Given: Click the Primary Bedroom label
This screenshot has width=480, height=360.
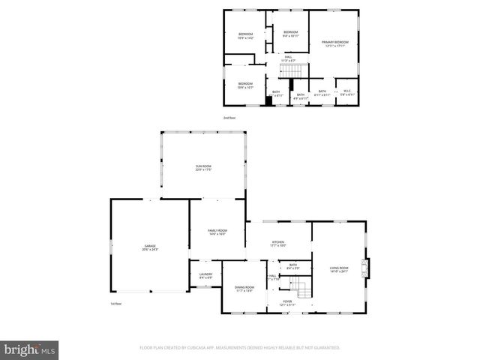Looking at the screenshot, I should [335, 43].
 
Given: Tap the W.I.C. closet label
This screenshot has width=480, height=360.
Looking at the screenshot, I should [346, 92].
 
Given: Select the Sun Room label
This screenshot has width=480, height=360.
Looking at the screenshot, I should [203, 168].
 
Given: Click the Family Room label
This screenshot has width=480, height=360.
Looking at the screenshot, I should [217, 232].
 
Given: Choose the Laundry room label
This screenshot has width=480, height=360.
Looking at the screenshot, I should [205, 275].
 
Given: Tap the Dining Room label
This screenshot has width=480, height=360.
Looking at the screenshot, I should [244, 289].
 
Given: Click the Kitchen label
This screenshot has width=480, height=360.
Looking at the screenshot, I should [277, 244].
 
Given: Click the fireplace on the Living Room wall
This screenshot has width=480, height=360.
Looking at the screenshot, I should [365, 268].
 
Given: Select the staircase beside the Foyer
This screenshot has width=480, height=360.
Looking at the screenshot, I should [301, 286].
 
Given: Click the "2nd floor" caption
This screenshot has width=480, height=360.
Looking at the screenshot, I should [229, 118].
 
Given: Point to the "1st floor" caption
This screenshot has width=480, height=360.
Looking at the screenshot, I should [116, 304].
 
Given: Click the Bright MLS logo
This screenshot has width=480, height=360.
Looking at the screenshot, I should [29, 349].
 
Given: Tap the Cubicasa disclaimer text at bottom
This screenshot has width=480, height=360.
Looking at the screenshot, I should [240, 348].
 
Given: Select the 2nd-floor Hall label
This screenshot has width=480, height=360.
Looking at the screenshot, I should [289, 58].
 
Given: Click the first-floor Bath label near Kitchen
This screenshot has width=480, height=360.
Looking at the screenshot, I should [293, 265].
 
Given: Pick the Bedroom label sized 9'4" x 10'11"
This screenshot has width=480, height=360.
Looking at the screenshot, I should [290, 33].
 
